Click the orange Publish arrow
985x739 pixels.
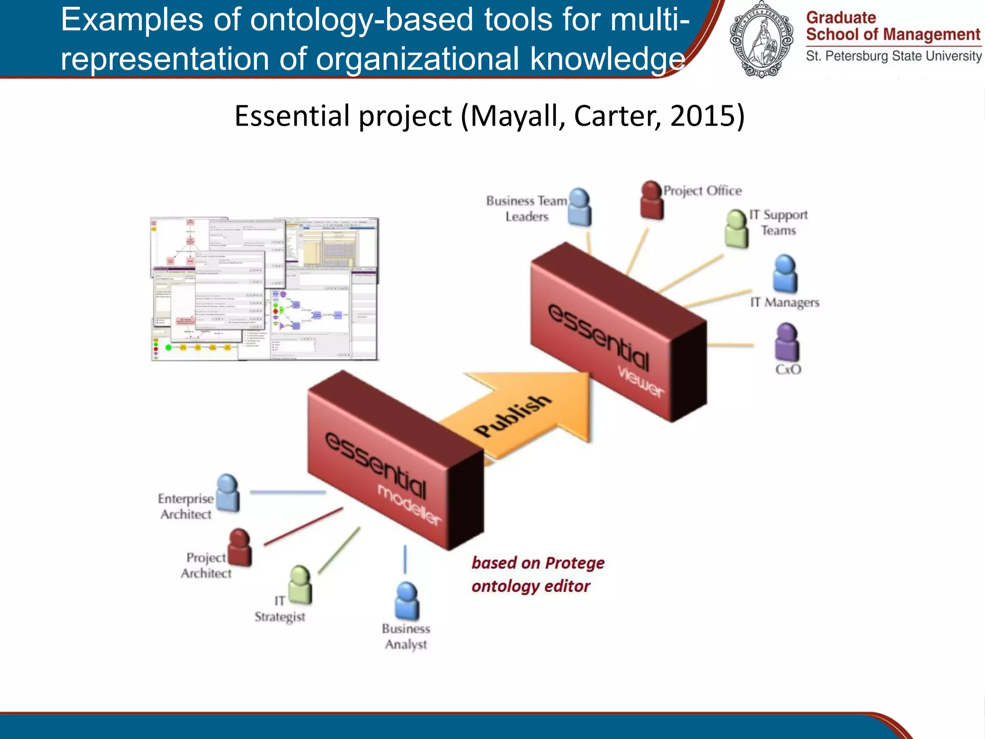pos(524,414)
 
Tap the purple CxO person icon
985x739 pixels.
pos(787,343)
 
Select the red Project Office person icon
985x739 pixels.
pos(652,200)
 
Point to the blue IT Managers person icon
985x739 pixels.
pos(785,274)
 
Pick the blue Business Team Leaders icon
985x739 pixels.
pos(580,207)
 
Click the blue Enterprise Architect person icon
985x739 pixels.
pos(227,493)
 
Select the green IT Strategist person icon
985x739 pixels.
pos(301,585)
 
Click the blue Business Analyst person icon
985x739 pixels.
pos(407,601)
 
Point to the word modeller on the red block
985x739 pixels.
pos(409,505)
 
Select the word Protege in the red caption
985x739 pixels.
pos(575,563)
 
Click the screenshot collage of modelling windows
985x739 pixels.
pos(265,289)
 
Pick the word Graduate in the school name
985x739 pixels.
pos(841,18)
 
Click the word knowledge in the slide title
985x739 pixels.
pos(607,59)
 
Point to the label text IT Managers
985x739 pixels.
pos(784,302)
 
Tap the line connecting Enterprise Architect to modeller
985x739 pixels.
pos(288,492)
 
